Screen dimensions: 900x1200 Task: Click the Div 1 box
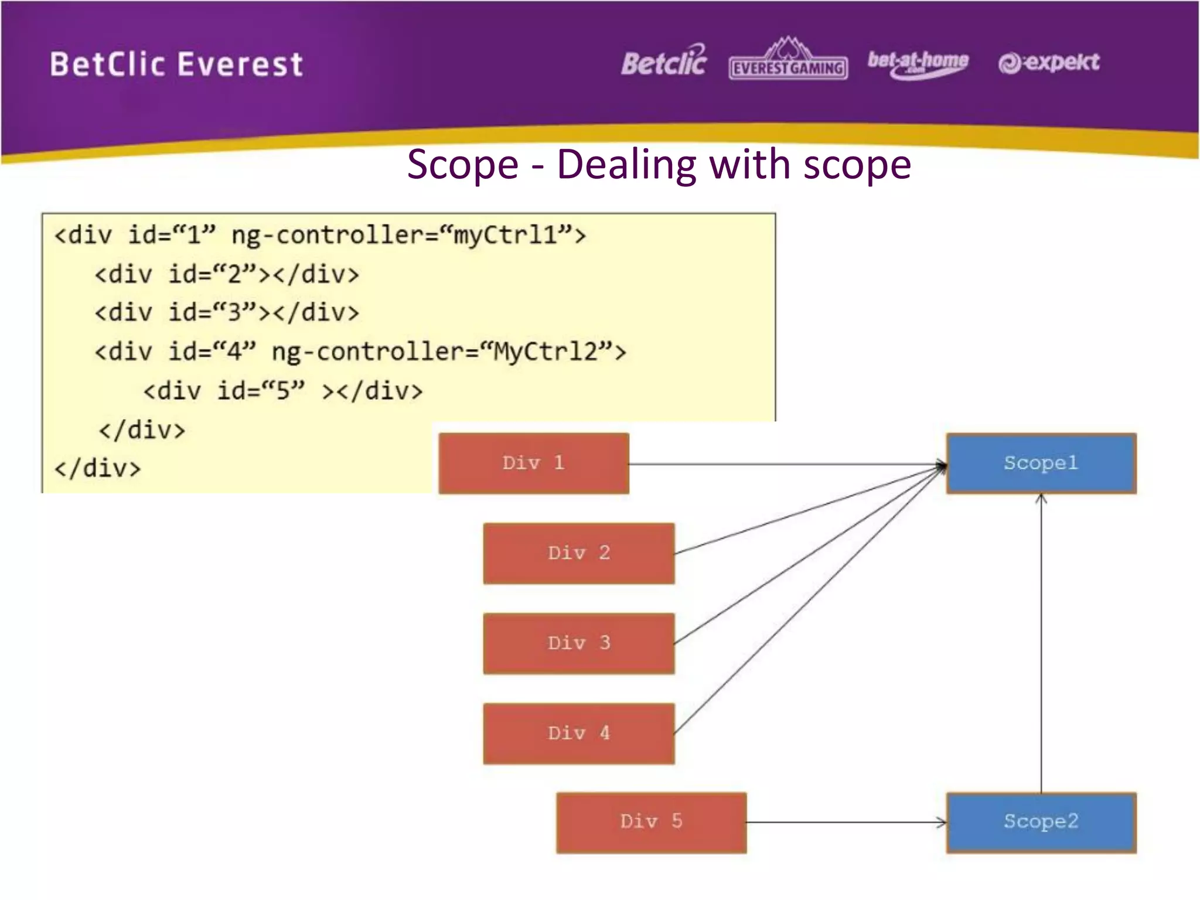click(x=533, y=463)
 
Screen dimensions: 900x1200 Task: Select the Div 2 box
click(x=579, y=553)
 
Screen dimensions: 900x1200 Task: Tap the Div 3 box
click(x=579, y=643)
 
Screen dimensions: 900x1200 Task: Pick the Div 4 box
click(x=579, y=734)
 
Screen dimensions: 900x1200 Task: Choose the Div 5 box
click(x=651, y=822)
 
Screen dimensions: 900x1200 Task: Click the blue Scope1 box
click(x=1041, y=463)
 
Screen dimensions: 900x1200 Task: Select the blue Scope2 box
click(x=1041, y=822)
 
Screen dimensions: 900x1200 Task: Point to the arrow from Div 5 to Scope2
click(x=844, y=822)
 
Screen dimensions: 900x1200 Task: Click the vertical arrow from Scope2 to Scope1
click(x=1041, y=645)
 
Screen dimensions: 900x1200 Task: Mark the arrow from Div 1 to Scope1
click(x=785, y=465)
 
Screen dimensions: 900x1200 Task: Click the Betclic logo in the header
click(x=664, y=62)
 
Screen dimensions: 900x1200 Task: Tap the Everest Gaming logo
click(x=788, y=62)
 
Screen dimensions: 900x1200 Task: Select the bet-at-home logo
click(x=918, y=63)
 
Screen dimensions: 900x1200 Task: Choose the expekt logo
click(x=1049, y=62)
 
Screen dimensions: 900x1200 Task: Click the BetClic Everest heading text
click(x=176, y=64)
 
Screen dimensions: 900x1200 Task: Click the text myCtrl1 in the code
click(x=505, y=236)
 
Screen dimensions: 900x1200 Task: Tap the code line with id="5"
click(x=283, y=391)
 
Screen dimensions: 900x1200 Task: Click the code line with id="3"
click(x=227, y=312)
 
